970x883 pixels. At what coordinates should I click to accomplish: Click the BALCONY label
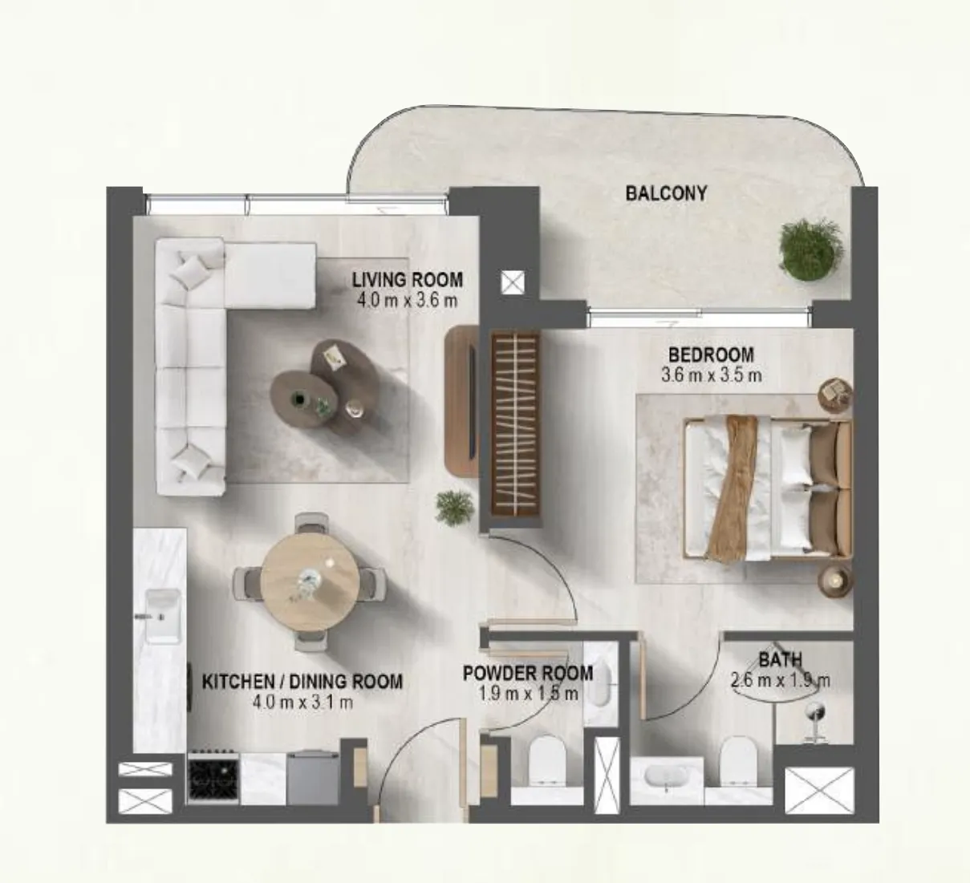[x=666, y=193]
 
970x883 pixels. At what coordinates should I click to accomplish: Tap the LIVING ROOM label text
[x=407, y=280]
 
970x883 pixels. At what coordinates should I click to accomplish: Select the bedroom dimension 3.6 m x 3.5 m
[x=711, y=375]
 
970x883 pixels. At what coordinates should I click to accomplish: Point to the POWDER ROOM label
[x=528, y=673]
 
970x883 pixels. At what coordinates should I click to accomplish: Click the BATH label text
[x=780, y=660]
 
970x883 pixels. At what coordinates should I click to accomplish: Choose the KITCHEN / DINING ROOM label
[x=302, y=682]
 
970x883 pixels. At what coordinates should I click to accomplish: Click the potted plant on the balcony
[x=811, y=249]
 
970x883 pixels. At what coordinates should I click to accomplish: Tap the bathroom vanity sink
[x=668, y=777]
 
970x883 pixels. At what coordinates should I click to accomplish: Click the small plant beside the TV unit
[x=454, y=508]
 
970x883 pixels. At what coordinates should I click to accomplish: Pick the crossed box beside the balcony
[x=513, y=282]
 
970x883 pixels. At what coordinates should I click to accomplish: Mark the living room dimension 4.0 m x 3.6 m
[x=407, y=301]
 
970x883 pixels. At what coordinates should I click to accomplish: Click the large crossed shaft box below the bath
[x=819, y=789]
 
